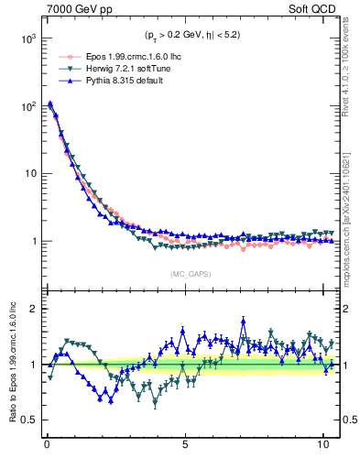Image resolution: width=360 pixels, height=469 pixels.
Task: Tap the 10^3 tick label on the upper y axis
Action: [x=27, y=38]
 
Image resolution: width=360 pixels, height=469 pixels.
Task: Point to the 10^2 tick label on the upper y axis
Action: [x=27, y=106]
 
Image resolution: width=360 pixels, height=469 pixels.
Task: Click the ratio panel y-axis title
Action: [x=10, y=364]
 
